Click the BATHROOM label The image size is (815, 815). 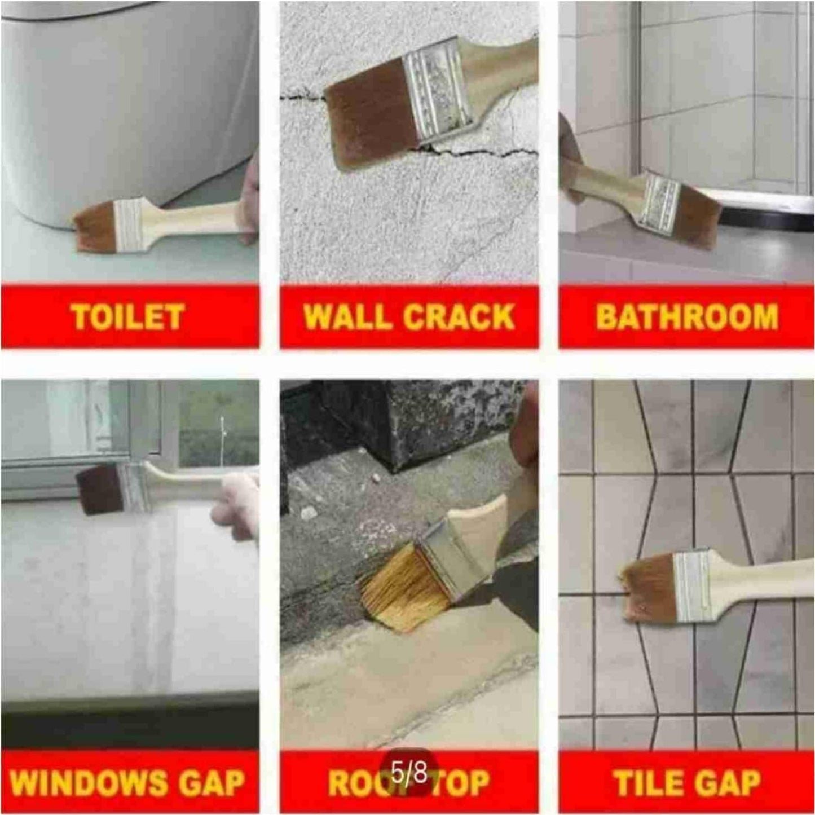687,316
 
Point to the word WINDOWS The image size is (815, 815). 89,782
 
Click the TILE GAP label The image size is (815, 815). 686,782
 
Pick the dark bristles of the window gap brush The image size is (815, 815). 99,490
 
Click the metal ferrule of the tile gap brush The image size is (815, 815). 692,587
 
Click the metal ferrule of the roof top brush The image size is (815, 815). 446,558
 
